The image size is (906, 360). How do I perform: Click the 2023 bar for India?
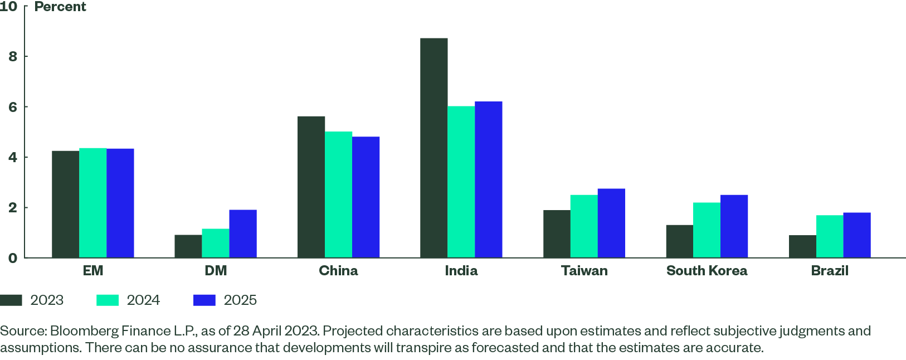tap(433, 148)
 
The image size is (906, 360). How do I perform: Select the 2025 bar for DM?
tap(243, 233)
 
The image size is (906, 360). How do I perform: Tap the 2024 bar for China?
tap(339, 194)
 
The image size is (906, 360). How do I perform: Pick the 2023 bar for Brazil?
tap(802, 246)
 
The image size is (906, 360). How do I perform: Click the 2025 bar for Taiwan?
tap(611, 223)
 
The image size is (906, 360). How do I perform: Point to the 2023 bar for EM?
tap(65, 204)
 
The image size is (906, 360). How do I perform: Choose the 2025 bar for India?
tap(489, 179)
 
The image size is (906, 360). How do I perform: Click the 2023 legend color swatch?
tap(11, 300)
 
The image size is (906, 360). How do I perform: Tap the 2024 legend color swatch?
tap(108, 300)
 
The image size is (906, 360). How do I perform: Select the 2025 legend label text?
tap(240, 300)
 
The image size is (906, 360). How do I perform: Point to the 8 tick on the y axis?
tap(12, 56)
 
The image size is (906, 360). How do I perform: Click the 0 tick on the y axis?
tap(12, 258)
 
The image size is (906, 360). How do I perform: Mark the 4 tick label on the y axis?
tap(12, 157)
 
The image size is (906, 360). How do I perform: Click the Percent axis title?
tap(60, 7)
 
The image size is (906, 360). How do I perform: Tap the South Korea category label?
tap(707, 271)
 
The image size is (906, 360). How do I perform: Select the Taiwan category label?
tap(584, 271)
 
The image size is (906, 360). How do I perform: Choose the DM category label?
tap(216, 271)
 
